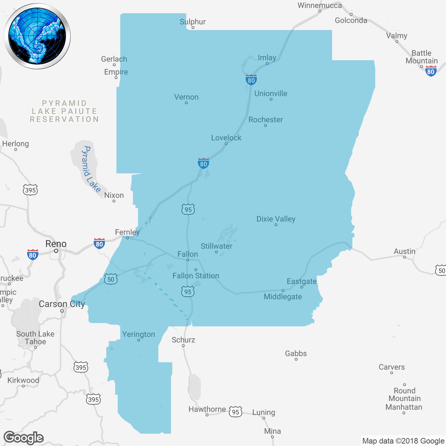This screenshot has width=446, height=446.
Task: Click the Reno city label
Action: point(56,244)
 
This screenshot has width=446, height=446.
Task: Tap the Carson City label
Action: point(62,304)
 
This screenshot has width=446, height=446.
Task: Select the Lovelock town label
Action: point(226,138)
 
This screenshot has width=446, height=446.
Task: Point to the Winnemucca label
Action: point(320,5)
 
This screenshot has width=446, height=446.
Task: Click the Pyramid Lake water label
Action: point(91,169)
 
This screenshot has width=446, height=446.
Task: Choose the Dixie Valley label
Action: point(276,219)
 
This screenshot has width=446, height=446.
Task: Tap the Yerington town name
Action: point(138,334)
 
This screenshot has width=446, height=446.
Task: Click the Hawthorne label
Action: point(207,409)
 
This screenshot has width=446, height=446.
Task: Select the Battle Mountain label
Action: point(422,57)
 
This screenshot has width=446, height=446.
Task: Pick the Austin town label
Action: point(404,251)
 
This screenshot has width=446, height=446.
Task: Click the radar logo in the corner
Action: point(37,36)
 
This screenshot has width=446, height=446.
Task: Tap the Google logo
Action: point(23,438)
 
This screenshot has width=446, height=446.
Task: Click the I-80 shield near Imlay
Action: point(251,80)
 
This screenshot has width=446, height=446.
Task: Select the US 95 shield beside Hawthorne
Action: point(236,412)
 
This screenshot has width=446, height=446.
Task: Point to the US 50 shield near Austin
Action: point(441,270)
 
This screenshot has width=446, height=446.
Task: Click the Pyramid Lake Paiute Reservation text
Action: point(64,111)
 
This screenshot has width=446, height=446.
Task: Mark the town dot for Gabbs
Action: point(296,359)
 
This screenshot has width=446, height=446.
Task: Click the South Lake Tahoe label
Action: point(35,338)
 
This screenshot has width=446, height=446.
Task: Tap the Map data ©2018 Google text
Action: point(403,441)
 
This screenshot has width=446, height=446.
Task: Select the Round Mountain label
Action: point(405,394)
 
